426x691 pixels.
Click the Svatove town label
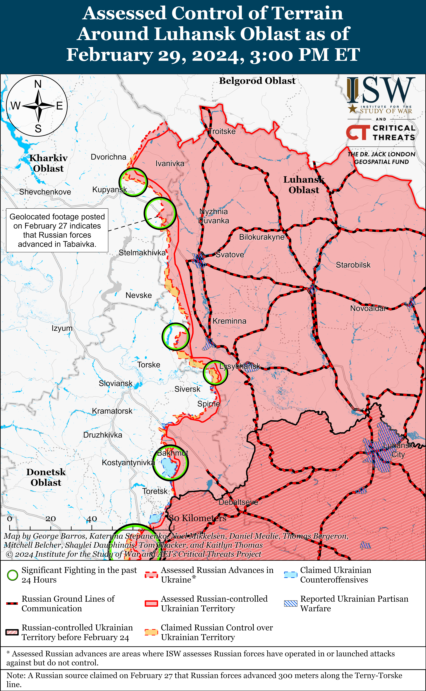pyautogui.click(x=230, y=255)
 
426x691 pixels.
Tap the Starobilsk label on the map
pyautogui.click(x=353, y=265)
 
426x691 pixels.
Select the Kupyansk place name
pyautogui.click(x=110, y=190)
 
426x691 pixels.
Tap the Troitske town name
pyautogui.click(x=222, y=131)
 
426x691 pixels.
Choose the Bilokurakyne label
pyautogui.click(x=261, y=237)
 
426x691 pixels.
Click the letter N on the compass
pyautogui.click(x=38, y=84)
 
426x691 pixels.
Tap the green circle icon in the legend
pyautogui.click(x=12, y=575)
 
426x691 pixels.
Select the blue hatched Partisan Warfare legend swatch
pyautogui.click(x=290, y=603)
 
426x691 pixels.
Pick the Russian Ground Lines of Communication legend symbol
pyautogui.click(x=12, y=603)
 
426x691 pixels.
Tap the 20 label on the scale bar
pyautogui.click(x=51, y=518)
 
